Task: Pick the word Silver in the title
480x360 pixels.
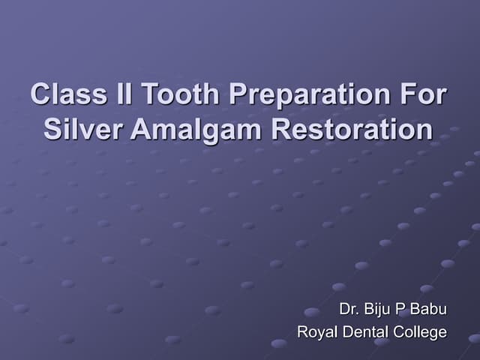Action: pos(82,129)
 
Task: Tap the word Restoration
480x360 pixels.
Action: pos(352,129)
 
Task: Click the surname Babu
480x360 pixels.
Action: pos(429,309)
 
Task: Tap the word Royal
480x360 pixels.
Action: pos(316,332)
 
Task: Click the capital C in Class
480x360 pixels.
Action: pos(40,96)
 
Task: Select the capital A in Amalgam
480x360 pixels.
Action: pos(140,129)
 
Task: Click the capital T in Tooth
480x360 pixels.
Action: pos(149,96)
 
